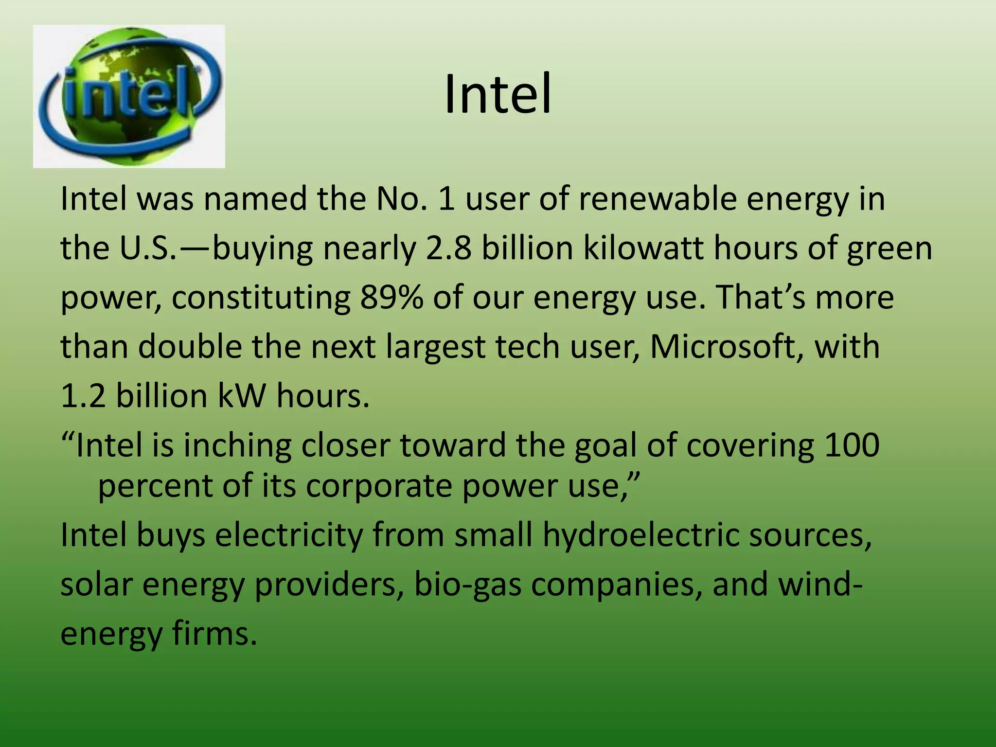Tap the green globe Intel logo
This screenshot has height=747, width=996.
[129, 96]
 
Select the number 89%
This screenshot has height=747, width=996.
[391, 297]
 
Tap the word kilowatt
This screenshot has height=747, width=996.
[643, 248]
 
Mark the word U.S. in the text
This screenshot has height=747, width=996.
[148, 248]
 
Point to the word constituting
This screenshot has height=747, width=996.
[261, 297]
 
